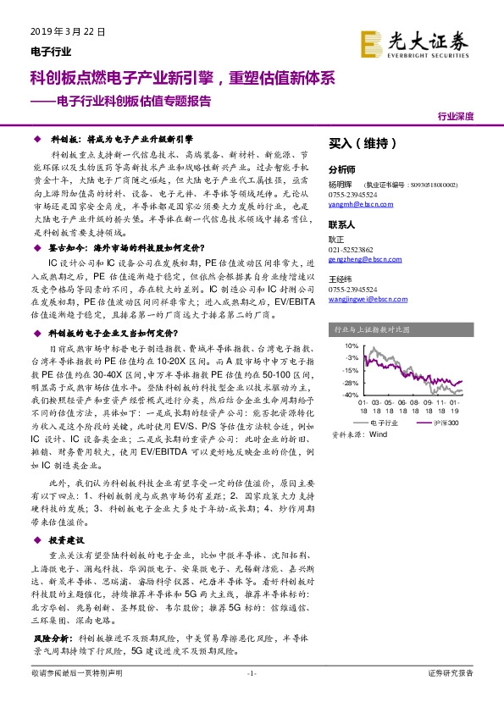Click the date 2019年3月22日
pos(59,32)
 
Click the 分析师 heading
pos(342,169)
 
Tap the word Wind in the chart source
pos(379,434)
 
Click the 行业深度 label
pos(456,117)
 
